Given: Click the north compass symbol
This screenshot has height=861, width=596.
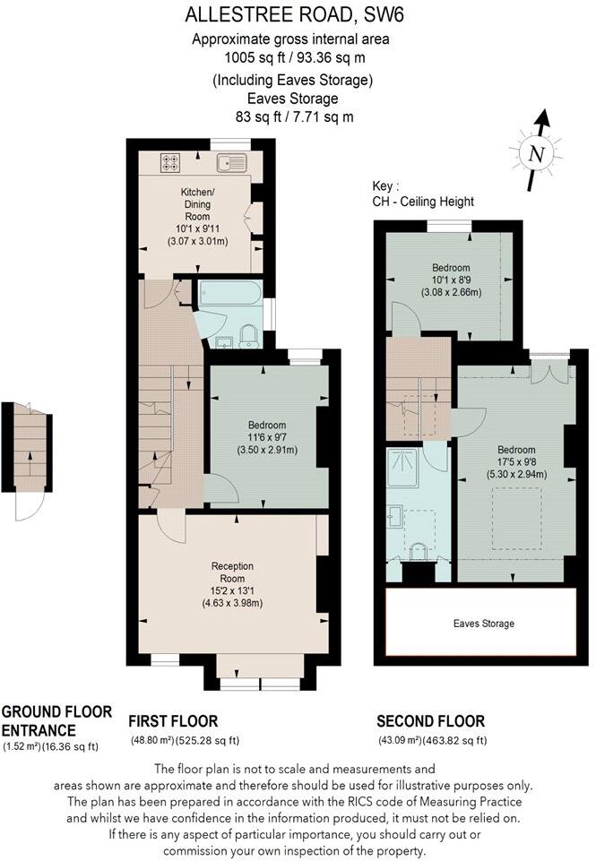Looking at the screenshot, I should click(537, 152).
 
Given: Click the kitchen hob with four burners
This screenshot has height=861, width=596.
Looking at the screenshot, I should click(170, 163).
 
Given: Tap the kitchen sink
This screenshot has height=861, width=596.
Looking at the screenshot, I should click(233, 163).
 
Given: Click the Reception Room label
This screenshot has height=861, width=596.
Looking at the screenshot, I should click(232, 566).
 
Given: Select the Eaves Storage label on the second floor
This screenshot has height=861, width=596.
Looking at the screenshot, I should click(482, 624).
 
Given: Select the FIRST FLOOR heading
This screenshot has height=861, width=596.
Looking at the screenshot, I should click(173, 721).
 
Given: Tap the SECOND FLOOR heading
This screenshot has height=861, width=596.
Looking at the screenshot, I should click(430, 721).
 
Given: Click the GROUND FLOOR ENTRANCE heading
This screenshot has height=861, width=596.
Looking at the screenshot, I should click(56, 719).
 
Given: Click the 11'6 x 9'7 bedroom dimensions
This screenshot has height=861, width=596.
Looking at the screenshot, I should click(268, 437).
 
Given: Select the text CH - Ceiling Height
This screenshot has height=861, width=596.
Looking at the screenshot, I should click(423, 202).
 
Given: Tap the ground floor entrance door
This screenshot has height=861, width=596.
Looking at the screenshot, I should click(27, 506).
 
